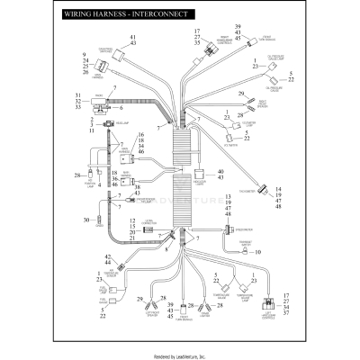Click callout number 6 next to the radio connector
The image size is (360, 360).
coord(121,107)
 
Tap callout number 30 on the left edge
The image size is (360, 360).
coord(85,219)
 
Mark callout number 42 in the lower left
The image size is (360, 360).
coord(108,257)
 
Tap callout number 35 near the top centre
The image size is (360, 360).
coord(196,42)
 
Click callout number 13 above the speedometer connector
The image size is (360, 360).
coord(228,194)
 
